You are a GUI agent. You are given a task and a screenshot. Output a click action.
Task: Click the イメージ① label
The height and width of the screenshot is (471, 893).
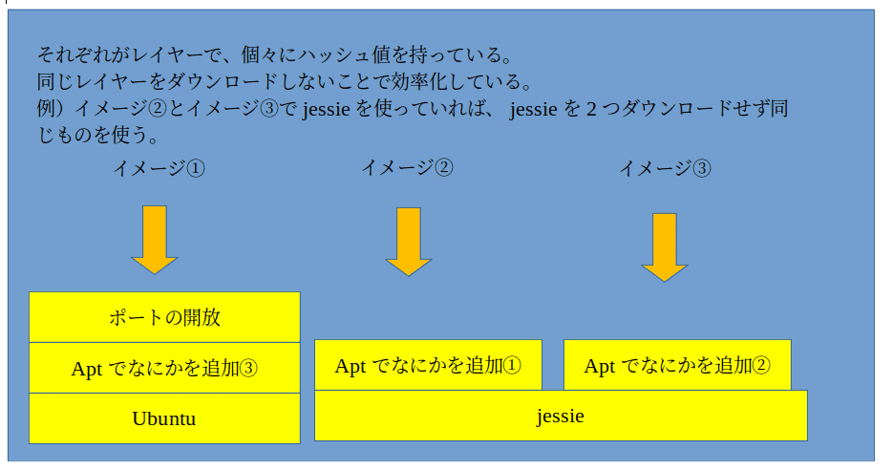159,168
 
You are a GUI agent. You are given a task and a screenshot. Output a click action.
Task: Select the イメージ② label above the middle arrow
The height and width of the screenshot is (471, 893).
407,167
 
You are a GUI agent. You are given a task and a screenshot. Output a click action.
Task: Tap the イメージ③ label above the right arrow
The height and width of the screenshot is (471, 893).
665,168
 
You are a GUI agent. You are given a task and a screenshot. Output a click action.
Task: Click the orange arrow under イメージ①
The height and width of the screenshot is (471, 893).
155,240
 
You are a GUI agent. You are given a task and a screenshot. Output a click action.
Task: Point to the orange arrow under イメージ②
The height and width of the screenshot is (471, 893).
409,242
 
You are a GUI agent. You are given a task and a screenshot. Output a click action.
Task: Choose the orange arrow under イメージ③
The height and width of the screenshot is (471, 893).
665,247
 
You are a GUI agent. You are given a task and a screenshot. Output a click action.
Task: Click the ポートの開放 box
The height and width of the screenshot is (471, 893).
164,317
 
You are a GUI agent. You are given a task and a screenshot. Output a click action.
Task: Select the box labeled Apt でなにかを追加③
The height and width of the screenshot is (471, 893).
164,368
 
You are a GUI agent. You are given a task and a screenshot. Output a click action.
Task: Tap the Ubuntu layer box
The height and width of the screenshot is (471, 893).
164,418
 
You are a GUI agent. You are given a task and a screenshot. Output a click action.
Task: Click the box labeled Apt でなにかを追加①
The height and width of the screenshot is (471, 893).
428,365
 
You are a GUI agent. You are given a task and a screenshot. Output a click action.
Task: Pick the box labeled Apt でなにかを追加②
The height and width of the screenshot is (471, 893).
677,365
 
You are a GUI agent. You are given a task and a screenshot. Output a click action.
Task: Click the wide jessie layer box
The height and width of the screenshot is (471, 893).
561,416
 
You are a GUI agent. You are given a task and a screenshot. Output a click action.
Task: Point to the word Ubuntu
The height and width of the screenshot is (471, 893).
164,418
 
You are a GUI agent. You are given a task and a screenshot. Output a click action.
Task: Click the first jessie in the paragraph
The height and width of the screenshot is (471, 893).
327,108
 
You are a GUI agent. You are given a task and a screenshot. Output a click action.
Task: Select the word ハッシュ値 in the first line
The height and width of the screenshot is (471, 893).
343,54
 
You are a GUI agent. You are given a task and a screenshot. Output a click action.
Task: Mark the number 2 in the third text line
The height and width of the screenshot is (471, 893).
591,108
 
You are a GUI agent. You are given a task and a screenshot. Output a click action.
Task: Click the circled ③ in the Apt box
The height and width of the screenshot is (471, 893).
248,369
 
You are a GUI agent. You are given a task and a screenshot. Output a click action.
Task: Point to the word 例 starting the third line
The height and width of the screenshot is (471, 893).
46,108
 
